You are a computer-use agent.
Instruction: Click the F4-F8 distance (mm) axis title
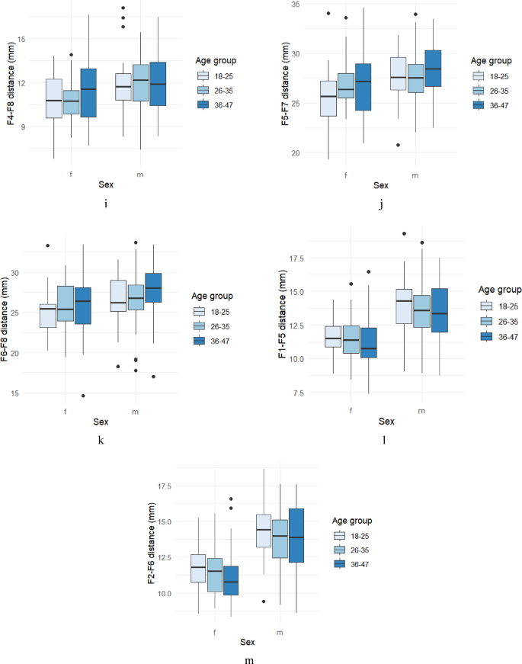pyautogui.click(x=11, y=84)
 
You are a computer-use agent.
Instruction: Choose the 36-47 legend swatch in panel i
pyautogui.click(x=203, y=104)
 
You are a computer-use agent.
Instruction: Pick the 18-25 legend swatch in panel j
pyautogui.click(x=479, y=75)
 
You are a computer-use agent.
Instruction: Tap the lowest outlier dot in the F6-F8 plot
pyautogui.click(x=84, y=396)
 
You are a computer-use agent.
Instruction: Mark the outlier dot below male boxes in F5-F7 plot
pyautogui.click(x=398, y=145)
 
